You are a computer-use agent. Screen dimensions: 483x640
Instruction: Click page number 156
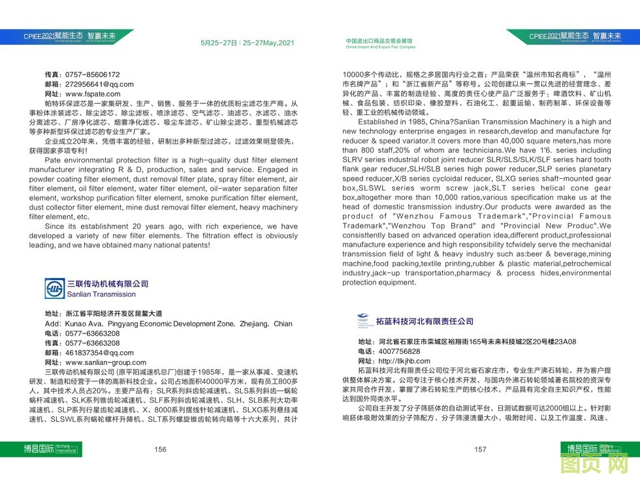point(160,449)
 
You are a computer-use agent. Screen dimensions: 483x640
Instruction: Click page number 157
point(480,449)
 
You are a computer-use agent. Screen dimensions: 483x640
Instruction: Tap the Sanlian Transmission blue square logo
point(55,288)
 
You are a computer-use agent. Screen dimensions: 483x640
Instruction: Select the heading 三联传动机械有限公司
point(108,284)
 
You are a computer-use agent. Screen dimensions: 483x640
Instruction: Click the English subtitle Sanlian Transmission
point(101,294)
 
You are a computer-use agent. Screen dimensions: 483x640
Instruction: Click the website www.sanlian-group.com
point(106,362)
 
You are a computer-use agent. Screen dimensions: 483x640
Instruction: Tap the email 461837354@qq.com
point(99,352)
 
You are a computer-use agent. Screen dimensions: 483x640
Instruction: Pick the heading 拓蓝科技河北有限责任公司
point(424,321)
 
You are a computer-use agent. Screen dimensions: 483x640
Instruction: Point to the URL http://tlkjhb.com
point(404,361)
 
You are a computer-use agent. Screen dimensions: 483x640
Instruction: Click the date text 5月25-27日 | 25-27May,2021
point(248,43)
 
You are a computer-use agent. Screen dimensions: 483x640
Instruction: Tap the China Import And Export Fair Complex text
point(380,48)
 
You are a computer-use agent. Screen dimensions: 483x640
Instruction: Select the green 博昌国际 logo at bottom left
point(39,449)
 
